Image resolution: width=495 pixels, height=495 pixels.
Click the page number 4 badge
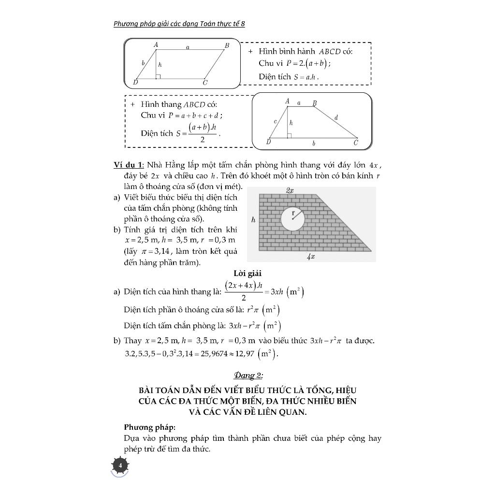(x=120, y=466)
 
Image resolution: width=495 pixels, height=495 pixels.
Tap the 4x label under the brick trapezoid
(x=311, y=257)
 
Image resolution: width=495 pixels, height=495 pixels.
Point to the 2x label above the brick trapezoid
(x=290, y=191)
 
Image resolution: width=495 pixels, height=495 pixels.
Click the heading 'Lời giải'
(x=247, y=274)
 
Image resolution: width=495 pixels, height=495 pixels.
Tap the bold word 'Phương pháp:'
(x=150, y=427)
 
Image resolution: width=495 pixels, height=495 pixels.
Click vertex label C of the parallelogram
(x=205, y=83)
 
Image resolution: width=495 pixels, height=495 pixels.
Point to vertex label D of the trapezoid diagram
(x=269, y=143)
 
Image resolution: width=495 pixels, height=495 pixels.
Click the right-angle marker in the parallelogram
(x=158, y=76)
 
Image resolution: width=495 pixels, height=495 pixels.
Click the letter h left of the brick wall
(x=253, y=220)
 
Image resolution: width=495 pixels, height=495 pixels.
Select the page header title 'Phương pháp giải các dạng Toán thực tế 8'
(x=179, y=24)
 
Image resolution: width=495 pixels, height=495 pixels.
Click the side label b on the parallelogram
(x=143, y=63)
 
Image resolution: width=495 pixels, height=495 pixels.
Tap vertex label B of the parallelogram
(x=226, y=45)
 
